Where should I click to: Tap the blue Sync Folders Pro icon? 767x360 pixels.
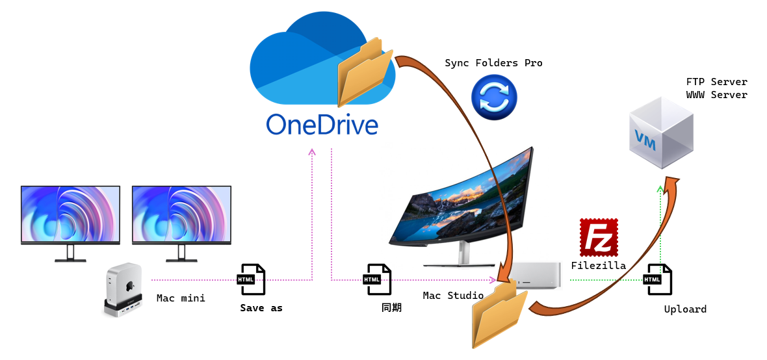click(x=494, y=98)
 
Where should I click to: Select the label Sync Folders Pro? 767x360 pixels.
click(x=493, y=63)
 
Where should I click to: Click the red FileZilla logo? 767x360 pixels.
click(x=598, y=237)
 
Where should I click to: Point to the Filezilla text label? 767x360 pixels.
click(x=598, y=265)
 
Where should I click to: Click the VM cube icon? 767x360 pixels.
click(x=661, y=133)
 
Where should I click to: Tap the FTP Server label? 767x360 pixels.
click(x=716, y=82)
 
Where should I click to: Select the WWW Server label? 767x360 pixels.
click(x=716, y=95)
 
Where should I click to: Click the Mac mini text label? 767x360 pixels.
click(x=181, y=298)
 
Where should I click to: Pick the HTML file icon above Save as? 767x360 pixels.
click(x=250, y=279)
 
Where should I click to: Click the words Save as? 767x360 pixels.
click(x=261, y=308)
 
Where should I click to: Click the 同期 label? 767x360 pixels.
click(x=391, y=307)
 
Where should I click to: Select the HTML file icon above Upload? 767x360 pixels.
click(x=656, y=279)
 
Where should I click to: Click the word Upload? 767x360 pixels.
click(x=685, y=309)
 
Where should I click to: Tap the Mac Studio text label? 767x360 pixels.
click(x=453, y=296)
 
